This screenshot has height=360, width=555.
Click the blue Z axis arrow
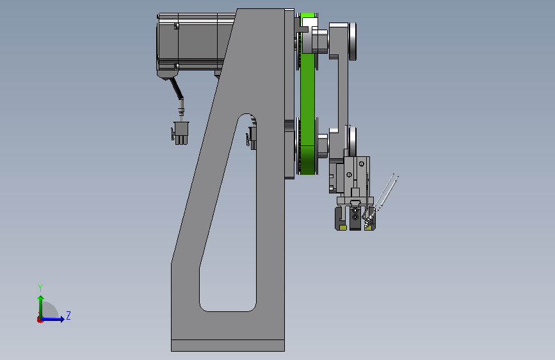[52, 319]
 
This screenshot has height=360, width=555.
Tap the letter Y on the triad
[40, 288]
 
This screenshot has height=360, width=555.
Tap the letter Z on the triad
[68, 315]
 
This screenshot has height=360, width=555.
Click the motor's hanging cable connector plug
[181, 133]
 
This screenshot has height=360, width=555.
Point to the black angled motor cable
[177, 88]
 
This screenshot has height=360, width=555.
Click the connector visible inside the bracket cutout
[252, 137]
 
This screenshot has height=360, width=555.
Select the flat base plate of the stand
[228, 345]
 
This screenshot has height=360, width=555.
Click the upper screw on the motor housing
[177, 26]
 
